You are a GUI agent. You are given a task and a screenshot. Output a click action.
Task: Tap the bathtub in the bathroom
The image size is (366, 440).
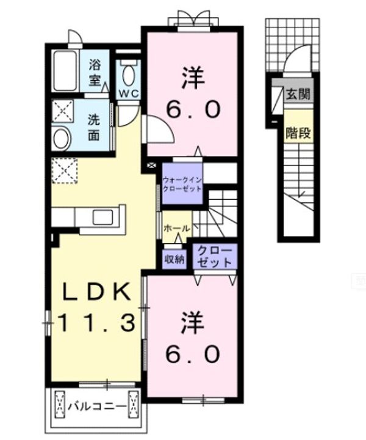pyautogui.click(x=65, y=71)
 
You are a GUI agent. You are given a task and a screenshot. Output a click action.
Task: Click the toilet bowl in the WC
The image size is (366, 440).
pyautogui.click(x=129, y=75)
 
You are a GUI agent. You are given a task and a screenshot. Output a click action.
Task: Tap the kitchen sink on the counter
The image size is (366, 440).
pyautogui.click(x=102, y=217)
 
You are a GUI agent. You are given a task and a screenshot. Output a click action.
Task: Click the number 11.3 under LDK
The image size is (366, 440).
pyautogui.click(x=97, y=323)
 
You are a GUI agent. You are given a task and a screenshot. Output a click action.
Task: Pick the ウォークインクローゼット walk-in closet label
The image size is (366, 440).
pyautogui.click(x=182, y=184)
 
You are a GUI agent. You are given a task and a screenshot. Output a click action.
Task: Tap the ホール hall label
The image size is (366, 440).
pyautogui.click(x=176, y=229)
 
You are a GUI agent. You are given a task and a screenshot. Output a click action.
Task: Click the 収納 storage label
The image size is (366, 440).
pyautogui.click(x=174, y=259)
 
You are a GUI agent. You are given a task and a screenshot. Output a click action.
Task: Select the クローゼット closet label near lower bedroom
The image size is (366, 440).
pyautogui.click(x=215, y=256)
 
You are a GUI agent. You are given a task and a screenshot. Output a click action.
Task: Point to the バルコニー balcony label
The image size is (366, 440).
pyautogui.click(x=97, y=406)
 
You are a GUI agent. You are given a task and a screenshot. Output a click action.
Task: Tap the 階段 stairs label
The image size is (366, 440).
pyautogui.click(x=298, y=133)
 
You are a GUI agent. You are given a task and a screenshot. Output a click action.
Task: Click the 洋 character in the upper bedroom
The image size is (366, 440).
pyautogui.click(x=193, y=78)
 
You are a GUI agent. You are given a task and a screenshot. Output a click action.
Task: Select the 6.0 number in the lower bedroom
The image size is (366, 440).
pyautogui.click(x=192, y=354)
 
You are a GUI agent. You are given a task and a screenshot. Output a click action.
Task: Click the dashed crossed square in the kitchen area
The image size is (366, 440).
pyautogui.click(x=64, y=170)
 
